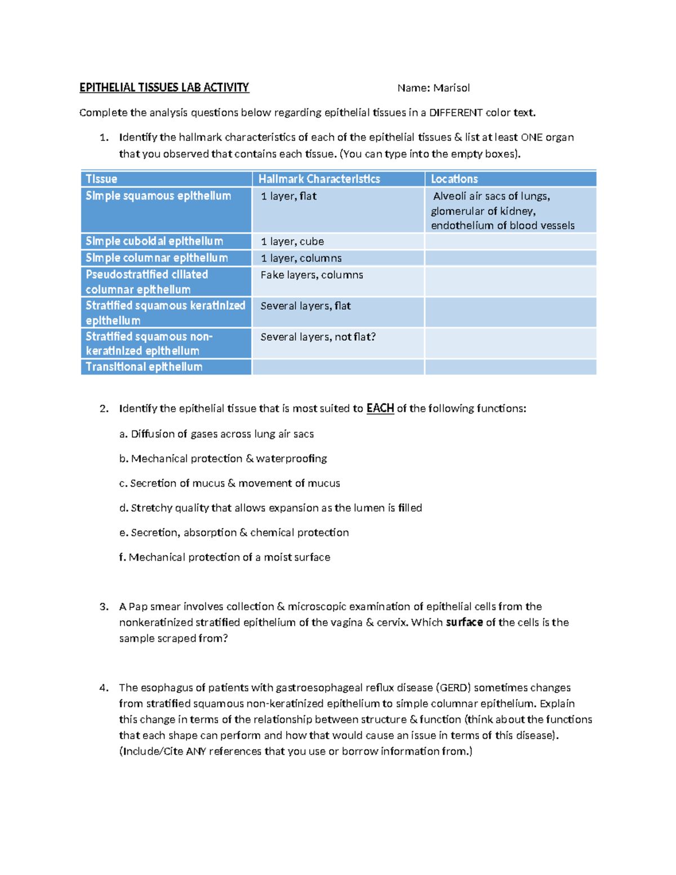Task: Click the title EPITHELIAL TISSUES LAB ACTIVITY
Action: point(164,87)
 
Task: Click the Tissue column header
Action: point(101,179)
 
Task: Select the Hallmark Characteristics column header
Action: point(319,179)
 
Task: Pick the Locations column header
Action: point(454,179)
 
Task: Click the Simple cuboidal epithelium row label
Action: point(154,241)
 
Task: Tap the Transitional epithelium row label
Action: point(144,367)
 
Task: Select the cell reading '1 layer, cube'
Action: point(292,242)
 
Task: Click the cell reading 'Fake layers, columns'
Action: point(312,275)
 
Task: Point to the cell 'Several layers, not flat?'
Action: point(318,337)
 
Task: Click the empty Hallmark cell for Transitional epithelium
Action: point(338,367)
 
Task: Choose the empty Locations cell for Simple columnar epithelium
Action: point(510,258)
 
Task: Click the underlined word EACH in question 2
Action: point(380,408)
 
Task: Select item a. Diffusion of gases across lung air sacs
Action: point(216,434)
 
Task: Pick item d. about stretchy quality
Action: point(270,508)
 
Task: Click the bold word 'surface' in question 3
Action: point(464,623)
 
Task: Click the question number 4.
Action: point(104,688)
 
